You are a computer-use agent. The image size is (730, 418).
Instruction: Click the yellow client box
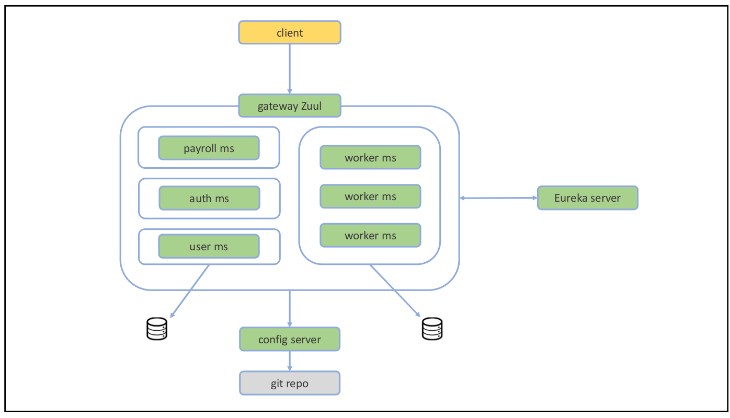(x=290, y=32)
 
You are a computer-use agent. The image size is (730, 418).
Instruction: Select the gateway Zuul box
(x=290, y=106)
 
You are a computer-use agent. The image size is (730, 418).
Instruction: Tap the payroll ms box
(x=209, y=148)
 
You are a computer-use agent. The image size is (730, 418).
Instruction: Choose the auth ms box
(x=209, y=198)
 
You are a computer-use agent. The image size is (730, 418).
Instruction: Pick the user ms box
(x=209, y=246)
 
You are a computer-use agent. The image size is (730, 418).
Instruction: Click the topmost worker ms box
(x=370, y=157)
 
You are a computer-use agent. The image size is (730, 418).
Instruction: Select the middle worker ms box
(x=370, y=196)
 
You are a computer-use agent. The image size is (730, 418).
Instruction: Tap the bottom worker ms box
(x=370, y=236)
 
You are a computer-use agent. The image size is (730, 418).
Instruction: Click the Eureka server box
(x=587, y=198)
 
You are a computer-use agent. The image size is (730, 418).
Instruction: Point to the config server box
(x=290, y=339)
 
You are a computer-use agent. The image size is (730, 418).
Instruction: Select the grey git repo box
(x=290, y=383)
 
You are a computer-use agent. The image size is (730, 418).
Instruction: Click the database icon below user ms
(x=156, y=329)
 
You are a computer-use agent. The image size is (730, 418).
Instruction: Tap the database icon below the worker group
(x=432, y=329)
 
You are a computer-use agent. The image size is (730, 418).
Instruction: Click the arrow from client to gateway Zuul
(x=290, y=68)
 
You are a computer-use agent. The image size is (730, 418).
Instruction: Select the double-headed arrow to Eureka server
(x=498, y=198)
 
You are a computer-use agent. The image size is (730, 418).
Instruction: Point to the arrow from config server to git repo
(x=290, y=361)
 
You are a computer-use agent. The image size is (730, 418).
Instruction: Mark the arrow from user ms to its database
(x=190, y=291)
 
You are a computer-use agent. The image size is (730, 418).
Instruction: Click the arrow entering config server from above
(x=290, y=308)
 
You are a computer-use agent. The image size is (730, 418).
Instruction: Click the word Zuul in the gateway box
(x=311, y=106)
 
